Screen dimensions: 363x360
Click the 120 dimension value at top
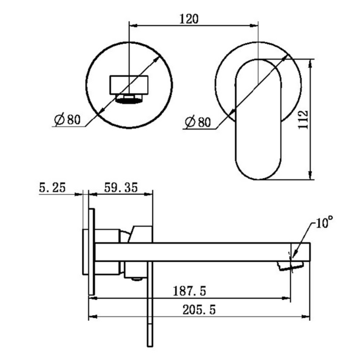tap(189, 19)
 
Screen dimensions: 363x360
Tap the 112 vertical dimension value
tap(303, 119)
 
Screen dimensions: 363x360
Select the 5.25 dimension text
tap(53, 188)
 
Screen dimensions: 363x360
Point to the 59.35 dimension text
tap(121, 188)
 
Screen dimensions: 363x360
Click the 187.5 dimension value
tap(189, 291)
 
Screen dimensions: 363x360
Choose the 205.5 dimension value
tap(199, 310)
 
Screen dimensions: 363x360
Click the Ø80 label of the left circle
tap(67, 119)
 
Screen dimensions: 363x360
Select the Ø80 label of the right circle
tap(198, 122)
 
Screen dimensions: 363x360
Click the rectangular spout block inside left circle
tap(129, 85)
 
